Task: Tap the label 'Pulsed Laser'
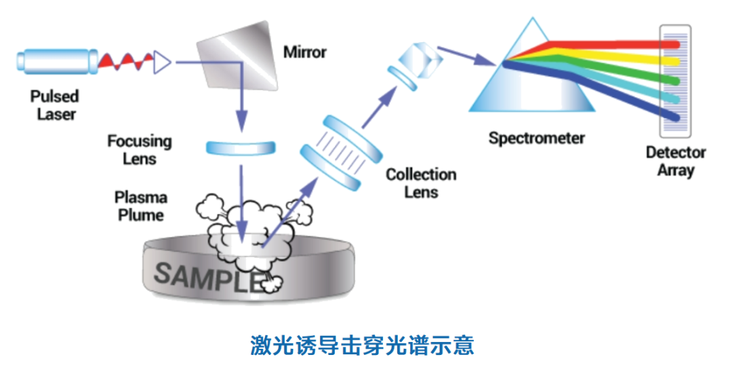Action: pos(55,105)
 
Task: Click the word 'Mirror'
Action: pos(304,52)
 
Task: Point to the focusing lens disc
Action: pos(241,147)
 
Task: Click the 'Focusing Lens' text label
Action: pos(140,150)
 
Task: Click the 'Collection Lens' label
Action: pos(421,183)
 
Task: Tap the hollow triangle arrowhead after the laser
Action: pos(163,62)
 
